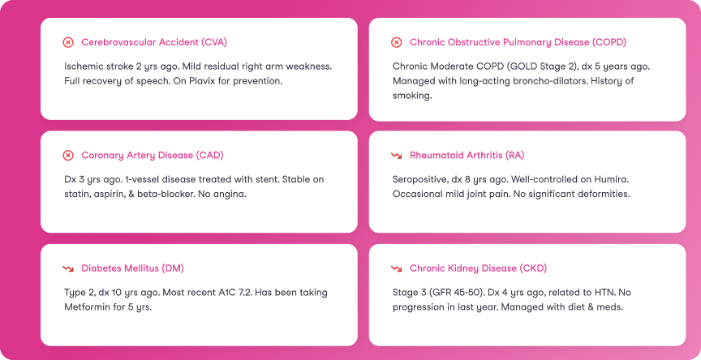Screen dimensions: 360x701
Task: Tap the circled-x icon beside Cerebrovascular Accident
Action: pos(68,42)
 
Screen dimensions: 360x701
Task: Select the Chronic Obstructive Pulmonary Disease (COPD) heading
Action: pos(518,42)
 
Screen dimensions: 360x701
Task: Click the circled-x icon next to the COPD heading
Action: pos(396,42)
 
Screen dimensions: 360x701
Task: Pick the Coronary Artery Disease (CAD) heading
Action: pos(153,155)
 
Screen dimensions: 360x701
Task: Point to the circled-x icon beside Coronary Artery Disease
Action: pos(68,155)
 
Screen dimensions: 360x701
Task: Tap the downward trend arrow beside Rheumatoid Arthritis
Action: pos(396,155)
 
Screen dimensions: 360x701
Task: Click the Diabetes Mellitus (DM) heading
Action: pos(138,268)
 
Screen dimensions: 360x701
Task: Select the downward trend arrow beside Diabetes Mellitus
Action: pos(68,268)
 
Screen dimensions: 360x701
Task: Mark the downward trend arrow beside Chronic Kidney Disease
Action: pos(396,268)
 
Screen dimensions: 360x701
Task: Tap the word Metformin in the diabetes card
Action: pos(87,306)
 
